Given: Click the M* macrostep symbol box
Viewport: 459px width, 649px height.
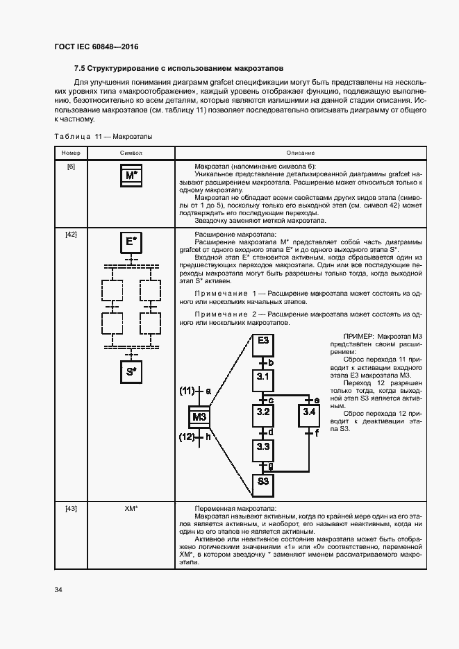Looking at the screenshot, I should click(131, 176).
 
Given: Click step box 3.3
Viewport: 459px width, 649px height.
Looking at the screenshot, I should click(263, 447).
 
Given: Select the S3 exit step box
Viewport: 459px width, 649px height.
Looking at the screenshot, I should click(263, 481).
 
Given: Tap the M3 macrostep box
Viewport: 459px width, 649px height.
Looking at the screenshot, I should click(199, 416).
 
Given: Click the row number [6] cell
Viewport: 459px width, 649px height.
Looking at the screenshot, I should click(71, 167).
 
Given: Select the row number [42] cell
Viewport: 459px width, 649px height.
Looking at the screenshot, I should click(71, 233).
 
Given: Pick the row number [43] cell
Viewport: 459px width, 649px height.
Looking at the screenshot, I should click(71, 509).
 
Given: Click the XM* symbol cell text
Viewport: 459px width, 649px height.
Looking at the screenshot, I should click(131, 509).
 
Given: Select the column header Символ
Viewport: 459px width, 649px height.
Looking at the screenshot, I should click(131, 153).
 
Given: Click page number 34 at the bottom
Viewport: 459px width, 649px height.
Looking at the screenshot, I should click(58, 590).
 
